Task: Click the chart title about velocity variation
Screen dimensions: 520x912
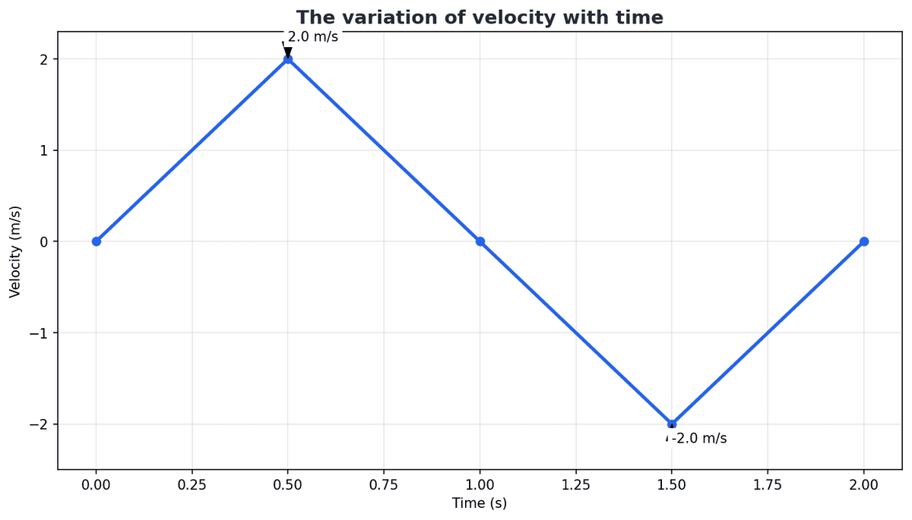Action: coord(480,17)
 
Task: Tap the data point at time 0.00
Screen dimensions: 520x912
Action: coord(97,241)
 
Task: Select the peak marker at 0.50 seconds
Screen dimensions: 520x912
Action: coord(288,59)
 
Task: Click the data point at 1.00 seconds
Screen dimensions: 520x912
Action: coord(480,241)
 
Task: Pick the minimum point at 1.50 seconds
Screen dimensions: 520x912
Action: coord(672,424)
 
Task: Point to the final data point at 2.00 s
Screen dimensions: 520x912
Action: coord(864,241)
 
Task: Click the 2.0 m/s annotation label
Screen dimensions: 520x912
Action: coord(312,36)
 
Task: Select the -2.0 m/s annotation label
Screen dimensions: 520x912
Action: coord(699,439)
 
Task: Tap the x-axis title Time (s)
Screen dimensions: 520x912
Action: coord(480,503)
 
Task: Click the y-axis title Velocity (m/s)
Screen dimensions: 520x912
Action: coord(15,251)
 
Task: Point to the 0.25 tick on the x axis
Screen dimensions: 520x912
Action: coord(192,484)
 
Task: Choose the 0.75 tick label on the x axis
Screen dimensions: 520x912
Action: coord(384,484)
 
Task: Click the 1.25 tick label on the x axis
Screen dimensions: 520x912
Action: coord(576,484)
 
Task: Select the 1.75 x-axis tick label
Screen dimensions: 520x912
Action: coord(768,484)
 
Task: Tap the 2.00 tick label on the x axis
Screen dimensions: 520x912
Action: coord(864,484)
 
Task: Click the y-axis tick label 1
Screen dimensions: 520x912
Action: coord(45,150)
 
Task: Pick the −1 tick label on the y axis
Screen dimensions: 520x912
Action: coord(40,333)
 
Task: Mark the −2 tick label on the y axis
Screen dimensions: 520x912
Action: coord(40,424)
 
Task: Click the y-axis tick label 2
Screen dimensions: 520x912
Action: coord(45,59)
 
